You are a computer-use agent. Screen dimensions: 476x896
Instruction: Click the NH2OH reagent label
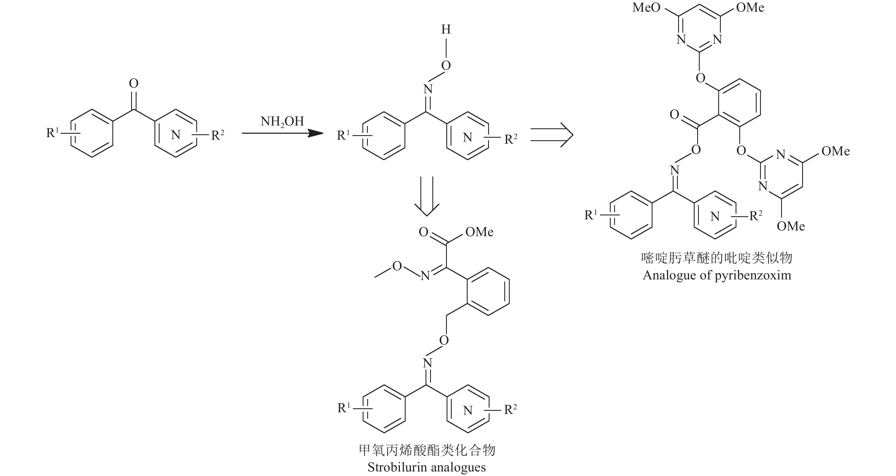[x=282, y=122]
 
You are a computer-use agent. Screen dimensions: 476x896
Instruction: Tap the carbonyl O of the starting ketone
[x=134, y=84]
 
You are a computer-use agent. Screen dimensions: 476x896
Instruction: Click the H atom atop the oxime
[x=446, y=30]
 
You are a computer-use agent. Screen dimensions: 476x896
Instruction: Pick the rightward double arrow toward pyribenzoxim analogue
[x=551, y=135]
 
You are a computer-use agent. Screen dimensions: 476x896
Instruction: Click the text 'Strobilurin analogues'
[x=426, y=467]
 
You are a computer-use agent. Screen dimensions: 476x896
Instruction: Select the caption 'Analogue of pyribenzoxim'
[x=717, y=275]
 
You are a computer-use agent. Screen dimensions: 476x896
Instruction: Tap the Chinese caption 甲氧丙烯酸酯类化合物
[x=427, y=450]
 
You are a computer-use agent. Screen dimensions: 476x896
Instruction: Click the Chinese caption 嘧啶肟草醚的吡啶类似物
[x=717, y=258]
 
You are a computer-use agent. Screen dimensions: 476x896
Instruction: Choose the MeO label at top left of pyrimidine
[x=646, y=8]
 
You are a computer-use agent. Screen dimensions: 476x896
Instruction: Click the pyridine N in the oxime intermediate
[x=467, y=137]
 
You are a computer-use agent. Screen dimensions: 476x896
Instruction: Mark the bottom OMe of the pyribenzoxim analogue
[x=790, y=226]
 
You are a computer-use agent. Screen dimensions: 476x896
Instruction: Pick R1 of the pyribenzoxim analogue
[x=590, y=215]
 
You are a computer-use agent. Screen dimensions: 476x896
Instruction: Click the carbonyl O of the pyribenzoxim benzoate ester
[x=674, y=114]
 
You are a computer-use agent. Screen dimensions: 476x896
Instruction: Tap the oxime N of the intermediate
[x=428, y=89]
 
